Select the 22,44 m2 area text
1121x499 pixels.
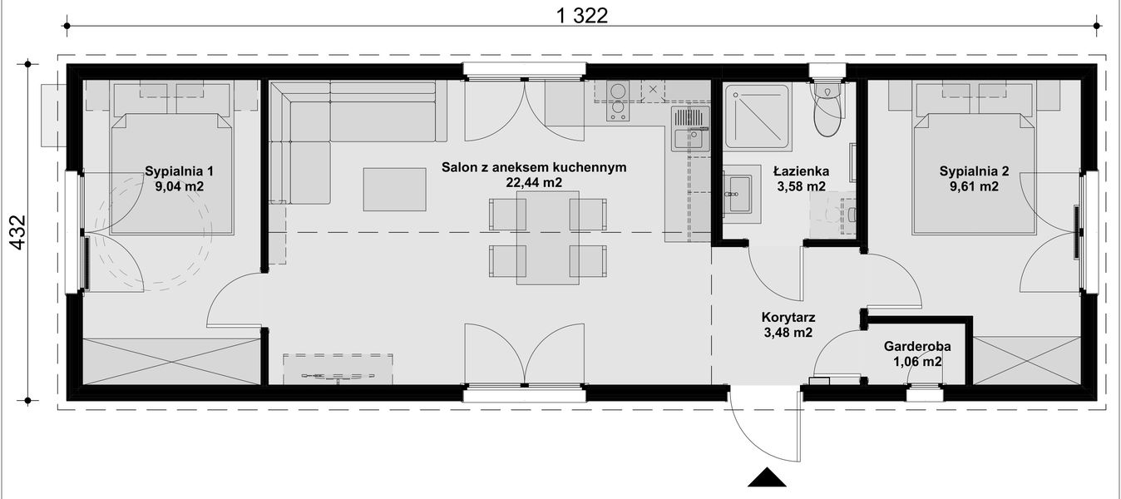(534, 183)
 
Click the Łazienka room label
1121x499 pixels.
(801, 171)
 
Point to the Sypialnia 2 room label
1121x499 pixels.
(974, 172)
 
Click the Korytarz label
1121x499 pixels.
(788, 317)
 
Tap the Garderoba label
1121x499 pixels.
(917, 346)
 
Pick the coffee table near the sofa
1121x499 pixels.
(395, 189)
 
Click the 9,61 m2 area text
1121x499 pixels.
(974, 187)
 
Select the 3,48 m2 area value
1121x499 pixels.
(788, 333)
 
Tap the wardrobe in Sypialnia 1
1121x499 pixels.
(171, 361)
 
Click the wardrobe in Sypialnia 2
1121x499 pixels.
(1026, 359)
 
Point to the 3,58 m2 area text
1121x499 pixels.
(801, 187)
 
